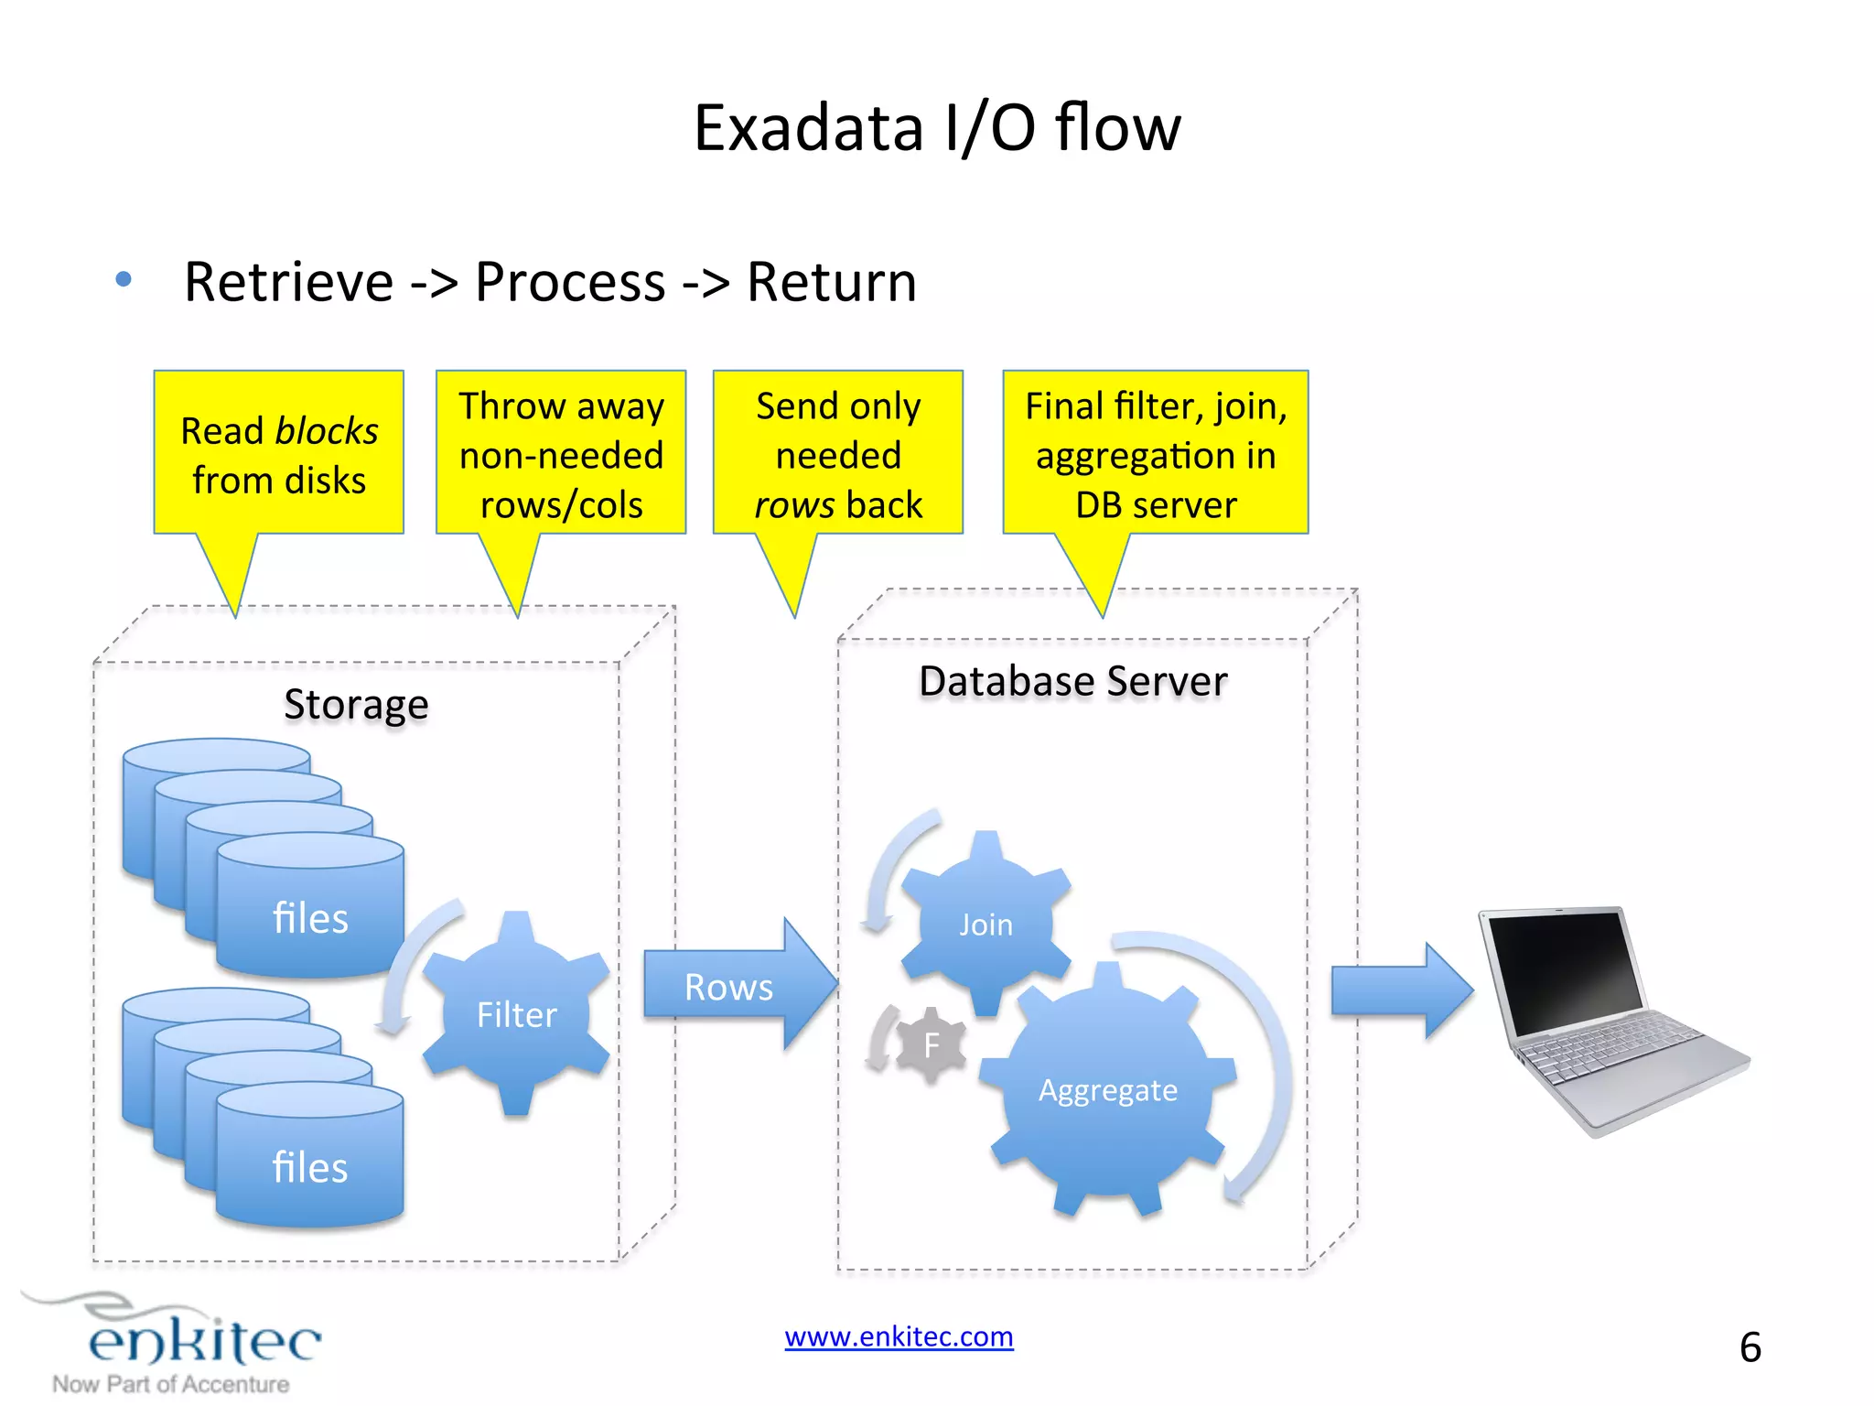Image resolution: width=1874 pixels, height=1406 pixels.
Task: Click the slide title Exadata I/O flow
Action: coord(937,128)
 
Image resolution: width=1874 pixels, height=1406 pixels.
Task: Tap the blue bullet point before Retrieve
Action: coord(124,279)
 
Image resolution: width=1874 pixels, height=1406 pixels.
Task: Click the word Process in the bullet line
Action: coord(569,282)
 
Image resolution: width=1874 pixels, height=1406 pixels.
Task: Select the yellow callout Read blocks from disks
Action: coord(279,454)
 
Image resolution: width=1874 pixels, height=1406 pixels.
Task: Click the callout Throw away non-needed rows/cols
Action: coord(561,454)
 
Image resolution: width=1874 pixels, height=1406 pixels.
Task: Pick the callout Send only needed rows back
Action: coord(838,454)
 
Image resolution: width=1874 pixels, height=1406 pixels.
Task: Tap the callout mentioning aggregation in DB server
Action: coord(1156,454)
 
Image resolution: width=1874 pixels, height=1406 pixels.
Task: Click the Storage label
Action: coord(356,705)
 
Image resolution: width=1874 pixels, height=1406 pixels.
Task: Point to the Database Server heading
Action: coord(1072,682)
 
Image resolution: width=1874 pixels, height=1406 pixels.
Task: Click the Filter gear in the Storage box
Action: coord(516,1014)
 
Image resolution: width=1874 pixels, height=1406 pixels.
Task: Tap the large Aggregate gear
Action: coord(1107,1089)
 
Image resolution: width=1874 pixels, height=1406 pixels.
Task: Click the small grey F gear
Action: coord(932,1044)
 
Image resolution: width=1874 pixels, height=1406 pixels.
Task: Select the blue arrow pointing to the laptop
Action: coord(1400,990)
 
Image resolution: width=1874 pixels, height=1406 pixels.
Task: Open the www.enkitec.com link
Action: coord(899,1337)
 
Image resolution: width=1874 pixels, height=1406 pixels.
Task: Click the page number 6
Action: coord(1750,1347)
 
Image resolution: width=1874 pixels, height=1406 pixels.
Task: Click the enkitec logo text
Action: coord(204,1341)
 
